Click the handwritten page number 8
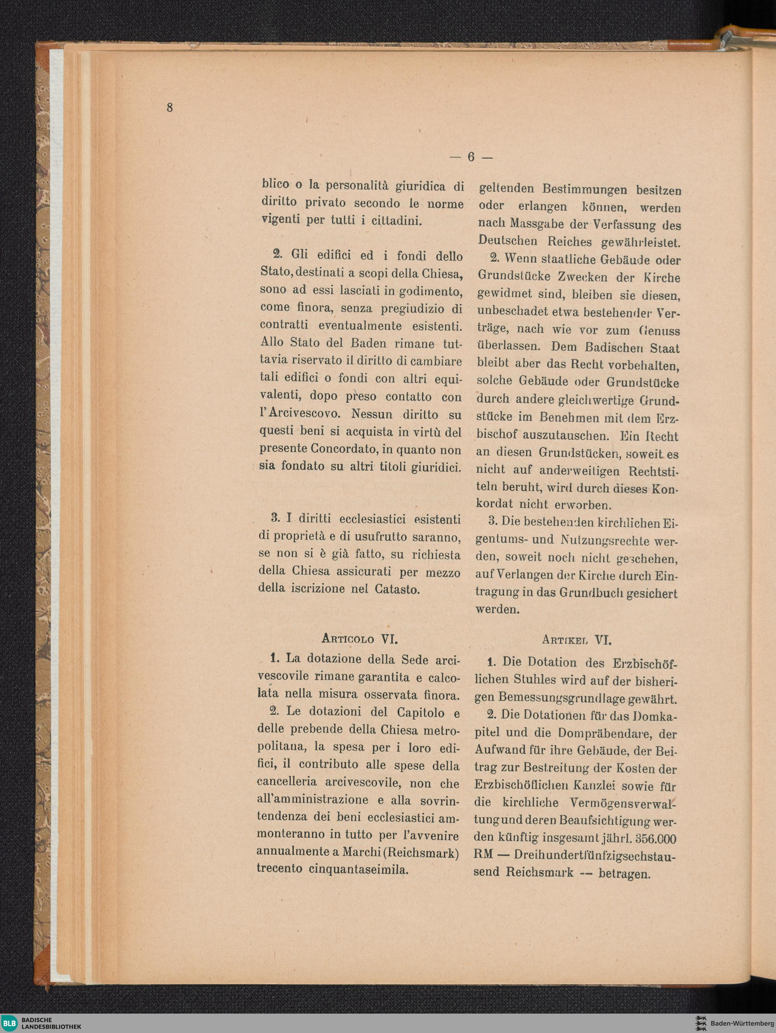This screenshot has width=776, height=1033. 170,107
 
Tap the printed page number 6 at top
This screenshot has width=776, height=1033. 471,157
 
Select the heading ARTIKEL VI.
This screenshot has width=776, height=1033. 577,639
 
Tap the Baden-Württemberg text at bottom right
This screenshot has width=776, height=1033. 743,1023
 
